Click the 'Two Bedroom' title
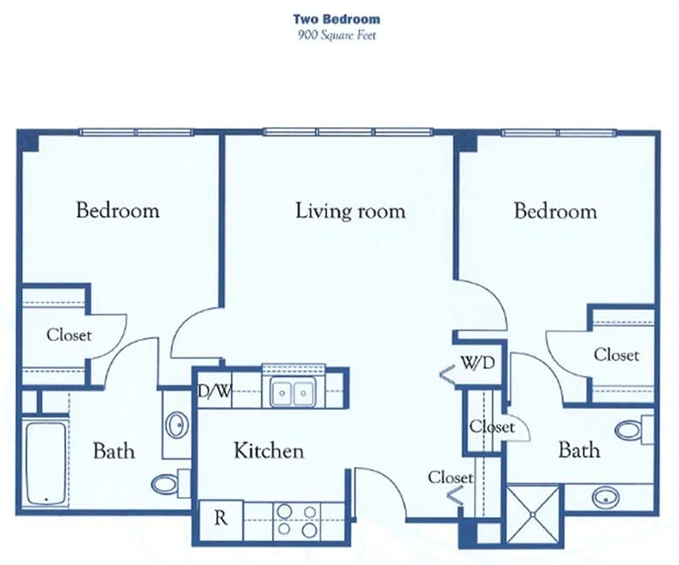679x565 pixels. (x=336, y=19)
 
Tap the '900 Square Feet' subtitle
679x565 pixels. (x=336, y=35)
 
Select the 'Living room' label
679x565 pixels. (x=350, y=211)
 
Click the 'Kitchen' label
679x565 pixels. (x=268, y=451)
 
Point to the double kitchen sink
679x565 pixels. (x=293, y=392)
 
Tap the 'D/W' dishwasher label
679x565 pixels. (x=213, y=391)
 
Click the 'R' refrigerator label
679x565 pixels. (x=221, y=518)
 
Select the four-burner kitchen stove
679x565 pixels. (x=297, y=521)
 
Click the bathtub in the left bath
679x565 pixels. (x=46, y=464)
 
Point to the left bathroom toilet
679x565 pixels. (x=171, y=484)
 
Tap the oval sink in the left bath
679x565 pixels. (x=177, y=425)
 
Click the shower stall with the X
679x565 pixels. (x=533, y=514)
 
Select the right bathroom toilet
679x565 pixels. (x=634, y=430)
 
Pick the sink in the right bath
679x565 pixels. (x=606, y=497)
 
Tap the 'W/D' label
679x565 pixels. (x=478, y=363)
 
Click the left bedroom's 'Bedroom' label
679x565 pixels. (x=118, y=211)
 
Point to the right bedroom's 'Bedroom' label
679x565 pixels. (x=555, y=212)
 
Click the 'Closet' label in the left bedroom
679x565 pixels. (x=69, y=335)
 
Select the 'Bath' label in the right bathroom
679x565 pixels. (x=579, y=450)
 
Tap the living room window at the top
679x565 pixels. (x=348, y=132)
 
